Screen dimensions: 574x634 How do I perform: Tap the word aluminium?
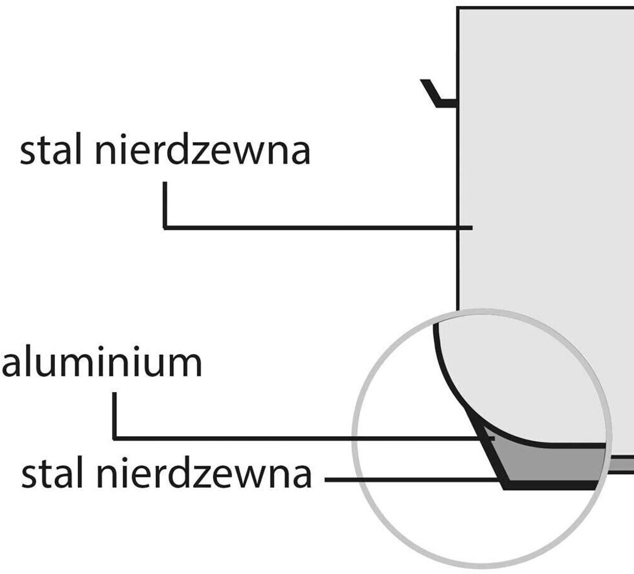[x=102, y=364]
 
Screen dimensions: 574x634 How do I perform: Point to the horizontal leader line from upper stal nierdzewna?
[x=314, y=227]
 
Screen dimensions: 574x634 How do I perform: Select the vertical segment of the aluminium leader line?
[x=114, y=415]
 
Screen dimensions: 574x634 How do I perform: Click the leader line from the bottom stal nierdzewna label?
[x=409, y=480]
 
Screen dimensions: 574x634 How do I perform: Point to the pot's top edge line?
[x=547, y=8]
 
